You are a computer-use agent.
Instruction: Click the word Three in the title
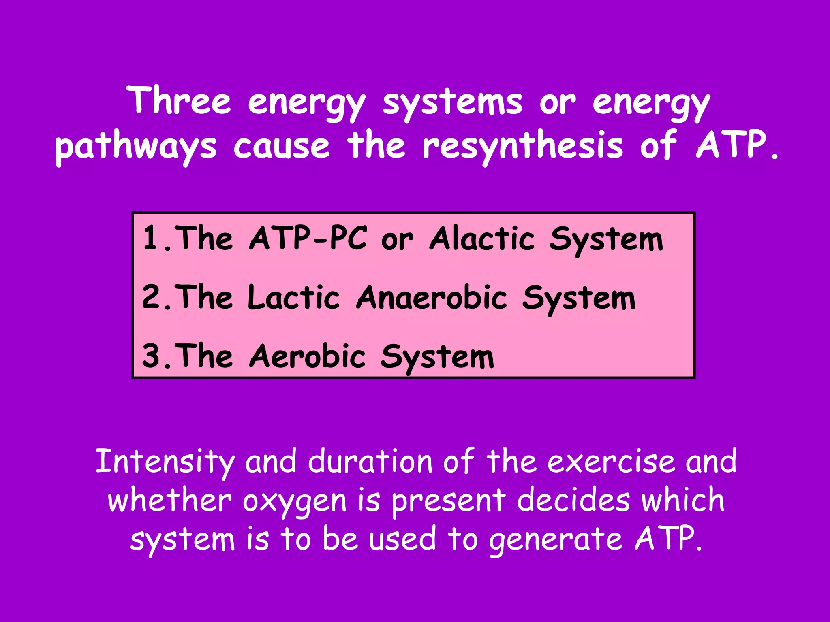(179, 100)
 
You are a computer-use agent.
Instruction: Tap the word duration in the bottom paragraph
(370, 461)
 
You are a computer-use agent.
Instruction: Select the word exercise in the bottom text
(611, 461)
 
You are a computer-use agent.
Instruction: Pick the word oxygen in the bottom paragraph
(295, 501)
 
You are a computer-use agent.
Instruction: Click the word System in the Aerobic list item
(437, 356)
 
